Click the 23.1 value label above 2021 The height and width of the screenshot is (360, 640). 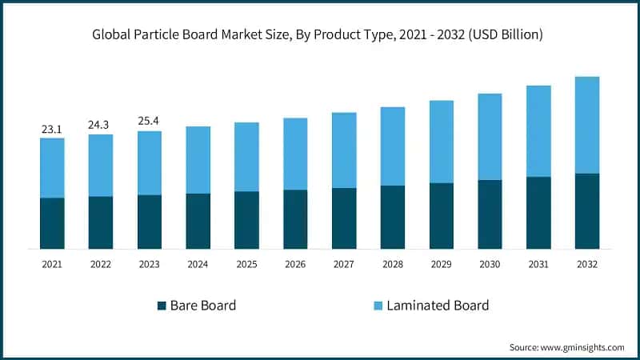52,128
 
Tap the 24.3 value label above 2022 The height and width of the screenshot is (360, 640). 101,125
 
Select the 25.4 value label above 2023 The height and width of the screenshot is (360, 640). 150,122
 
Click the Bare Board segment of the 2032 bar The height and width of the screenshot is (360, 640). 587,210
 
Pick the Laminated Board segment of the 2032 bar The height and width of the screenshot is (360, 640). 587,125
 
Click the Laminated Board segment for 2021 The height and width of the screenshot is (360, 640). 52,168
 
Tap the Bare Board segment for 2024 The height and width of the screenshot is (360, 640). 198,221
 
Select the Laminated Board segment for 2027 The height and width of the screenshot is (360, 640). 344,150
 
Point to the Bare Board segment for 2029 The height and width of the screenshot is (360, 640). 442,216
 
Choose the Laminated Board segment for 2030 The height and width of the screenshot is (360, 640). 490,137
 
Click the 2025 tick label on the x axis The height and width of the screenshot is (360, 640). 246,263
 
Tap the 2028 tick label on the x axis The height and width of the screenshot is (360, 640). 393,263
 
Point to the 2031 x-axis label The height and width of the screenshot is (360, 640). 538,263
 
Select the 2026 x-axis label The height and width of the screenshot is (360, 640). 295,263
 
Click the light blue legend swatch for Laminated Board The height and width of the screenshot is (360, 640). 377,306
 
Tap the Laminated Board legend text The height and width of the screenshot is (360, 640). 438,306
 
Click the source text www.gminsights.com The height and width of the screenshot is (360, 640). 582,347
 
